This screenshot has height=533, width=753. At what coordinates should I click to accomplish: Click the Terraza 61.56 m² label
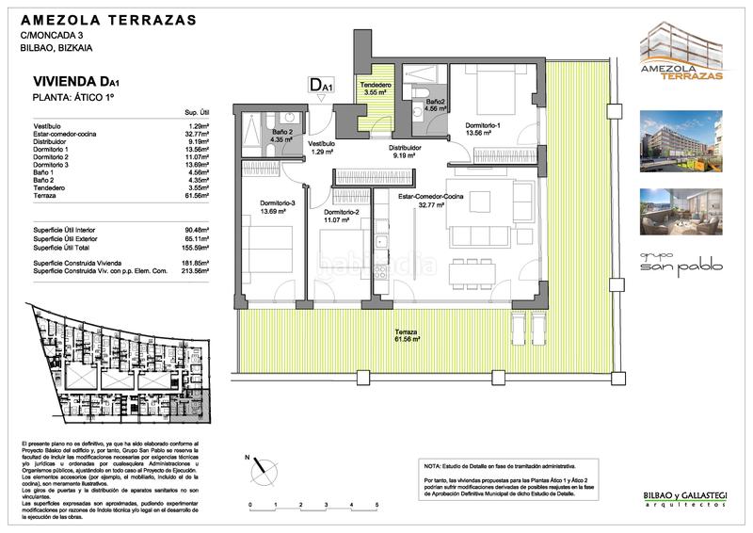[407, 336]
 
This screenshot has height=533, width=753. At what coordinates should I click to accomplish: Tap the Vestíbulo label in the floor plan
[323, 145]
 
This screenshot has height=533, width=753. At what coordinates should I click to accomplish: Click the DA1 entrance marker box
[321, 86]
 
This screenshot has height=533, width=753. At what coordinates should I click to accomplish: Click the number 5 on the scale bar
[376, 506]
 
